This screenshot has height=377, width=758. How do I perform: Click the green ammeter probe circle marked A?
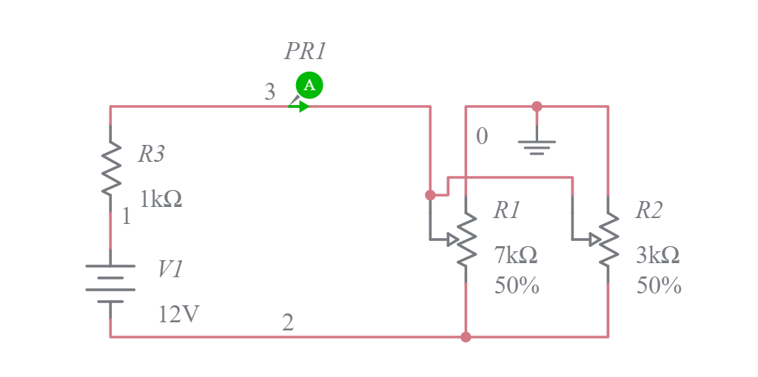point(309,85)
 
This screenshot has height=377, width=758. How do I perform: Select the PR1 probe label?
point(305,51)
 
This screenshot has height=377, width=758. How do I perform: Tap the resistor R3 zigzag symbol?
point(110,169)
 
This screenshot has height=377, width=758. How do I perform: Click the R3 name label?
point(152,154)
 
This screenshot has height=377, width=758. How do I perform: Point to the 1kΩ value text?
point(161,199)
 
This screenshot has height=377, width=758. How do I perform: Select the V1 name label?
point(170,269)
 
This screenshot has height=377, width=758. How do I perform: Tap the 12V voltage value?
point(179,314)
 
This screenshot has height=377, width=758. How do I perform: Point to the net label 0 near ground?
point(482,137)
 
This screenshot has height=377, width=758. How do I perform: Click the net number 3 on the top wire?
point(270,92)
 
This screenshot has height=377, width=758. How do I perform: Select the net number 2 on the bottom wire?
point(288,322)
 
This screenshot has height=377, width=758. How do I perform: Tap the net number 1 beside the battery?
point(126,217)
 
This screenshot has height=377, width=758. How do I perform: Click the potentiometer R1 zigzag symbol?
point(466,240)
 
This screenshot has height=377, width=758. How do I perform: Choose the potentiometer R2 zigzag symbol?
point(608,240)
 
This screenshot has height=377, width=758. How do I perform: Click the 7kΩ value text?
point(516,255)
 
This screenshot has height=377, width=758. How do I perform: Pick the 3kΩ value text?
point(658,255)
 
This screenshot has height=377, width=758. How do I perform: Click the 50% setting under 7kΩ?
point(517,285)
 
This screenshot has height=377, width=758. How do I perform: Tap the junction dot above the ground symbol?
point(537,106)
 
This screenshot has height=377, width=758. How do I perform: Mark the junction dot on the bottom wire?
point(466,337)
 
